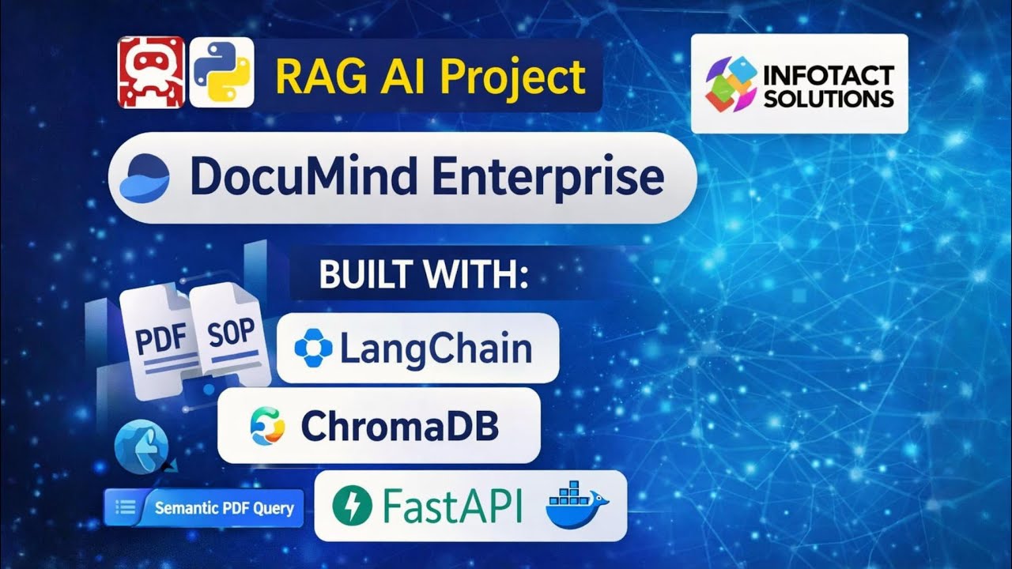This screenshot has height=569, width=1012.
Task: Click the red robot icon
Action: click(151, 72)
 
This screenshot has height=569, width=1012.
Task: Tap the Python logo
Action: click(221, 72)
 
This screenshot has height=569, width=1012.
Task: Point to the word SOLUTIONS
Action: click(829, 99)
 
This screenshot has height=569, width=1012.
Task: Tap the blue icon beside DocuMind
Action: click(144, 177)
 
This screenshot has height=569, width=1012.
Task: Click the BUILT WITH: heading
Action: click(423, 277)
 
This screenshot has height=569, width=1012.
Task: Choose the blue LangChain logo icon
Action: click(313, 349)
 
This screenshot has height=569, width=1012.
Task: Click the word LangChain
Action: click(436, 349)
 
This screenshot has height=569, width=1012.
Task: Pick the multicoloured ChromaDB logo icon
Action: click(266, 427)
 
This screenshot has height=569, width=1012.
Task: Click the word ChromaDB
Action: click(399, 427)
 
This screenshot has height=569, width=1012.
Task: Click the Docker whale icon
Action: click(576, 503)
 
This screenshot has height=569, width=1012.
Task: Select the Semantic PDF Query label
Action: click(224, 507)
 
